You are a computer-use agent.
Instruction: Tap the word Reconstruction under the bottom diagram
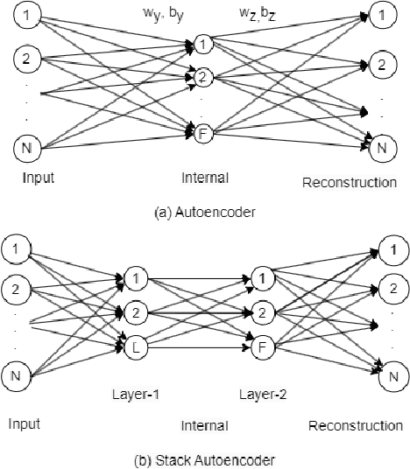(356, 426)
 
